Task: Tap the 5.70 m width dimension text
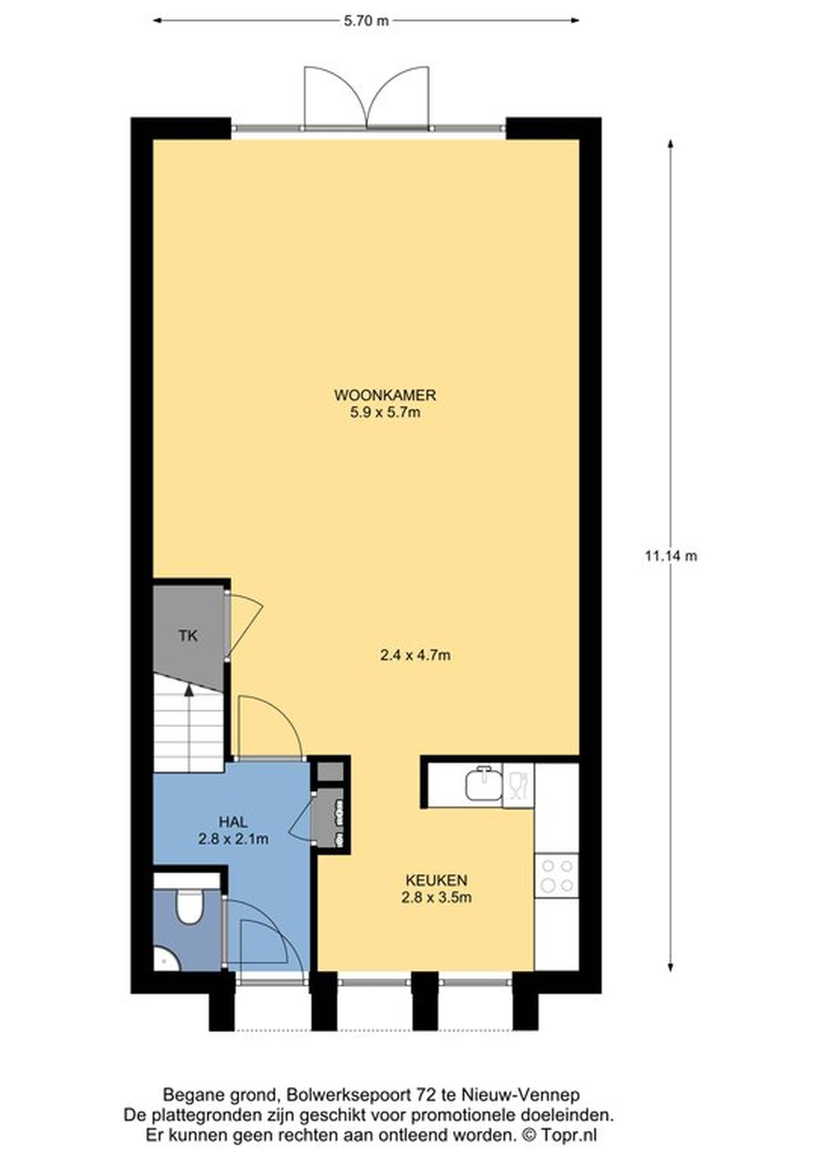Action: [366, 21]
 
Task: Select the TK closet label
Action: [188, 636]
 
